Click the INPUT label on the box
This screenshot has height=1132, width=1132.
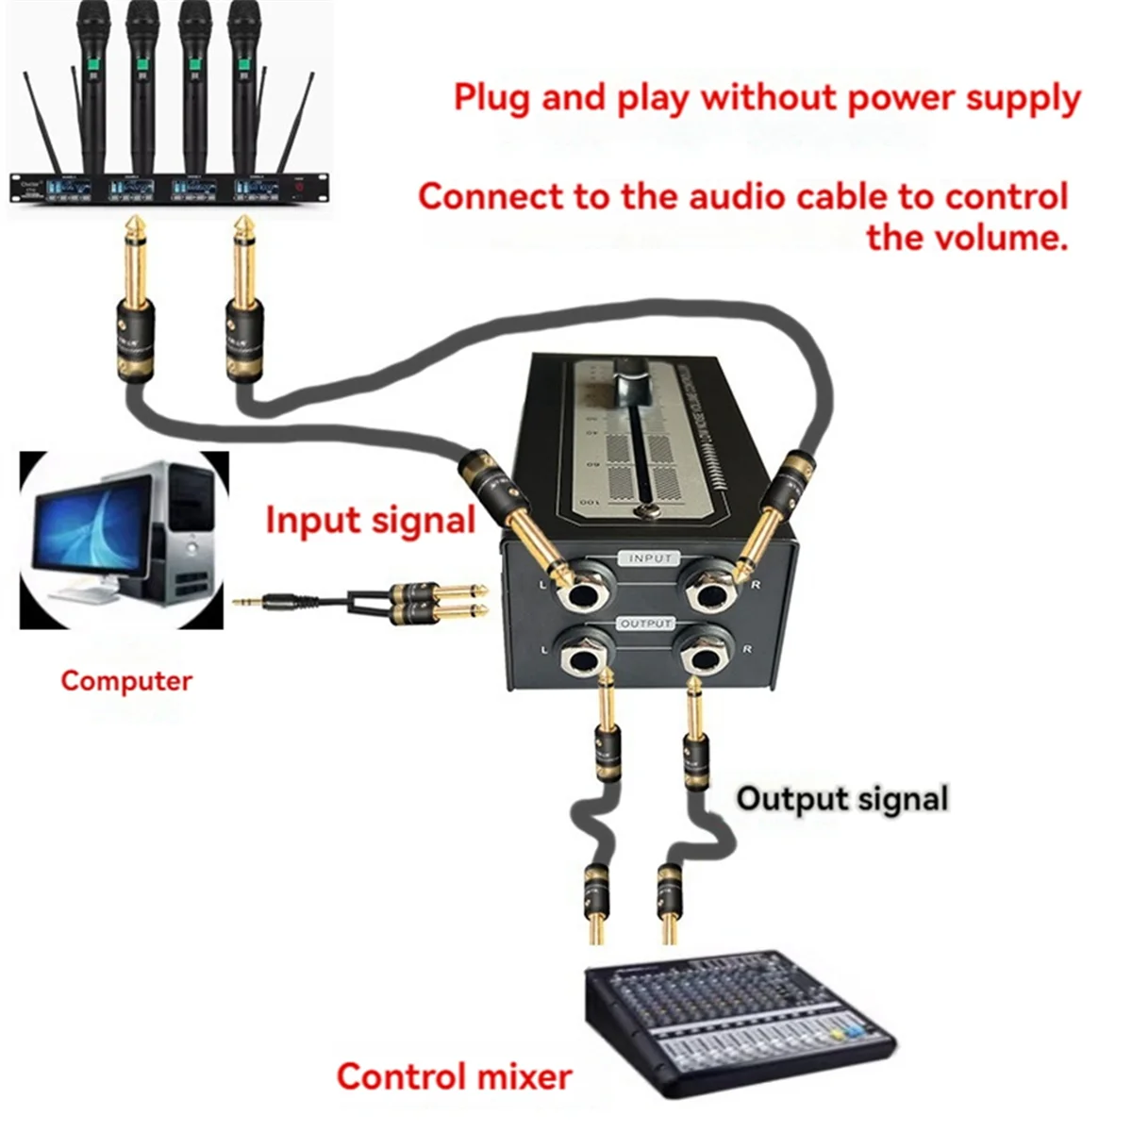pos(649,558)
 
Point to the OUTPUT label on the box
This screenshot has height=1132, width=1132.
pos(647,624)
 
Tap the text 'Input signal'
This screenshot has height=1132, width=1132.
pos(370,520)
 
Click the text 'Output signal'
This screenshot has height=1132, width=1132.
pos(841,798)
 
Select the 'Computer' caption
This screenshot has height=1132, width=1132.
pos(125,680)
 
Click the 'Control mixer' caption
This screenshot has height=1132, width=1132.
pos(454,1076)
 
